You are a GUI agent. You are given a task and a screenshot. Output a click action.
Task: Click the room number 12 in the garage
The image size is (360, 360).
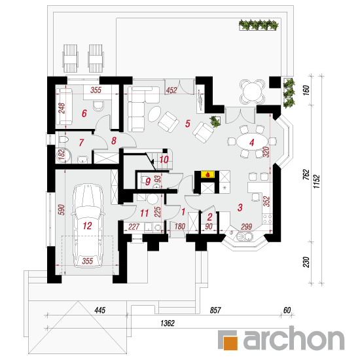click(87, 226)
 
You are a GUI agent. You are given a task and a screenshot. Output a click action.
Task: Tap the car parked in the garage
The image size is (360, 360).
click(88, 225)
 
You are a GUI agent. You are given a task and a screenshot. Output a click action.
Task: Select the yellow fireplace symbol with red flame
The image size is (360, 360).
click(207, 174)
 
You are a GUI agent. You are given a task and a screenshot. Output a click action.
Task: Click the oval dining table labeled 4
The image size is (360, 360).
click(252, 142)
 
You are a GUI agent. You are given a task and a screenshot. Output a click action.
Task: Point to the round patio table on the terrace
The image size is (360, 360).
click(252, 92)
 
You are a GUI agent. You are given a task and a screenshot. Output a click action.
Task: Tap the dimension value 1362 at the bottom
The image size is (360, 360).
click(168, 323)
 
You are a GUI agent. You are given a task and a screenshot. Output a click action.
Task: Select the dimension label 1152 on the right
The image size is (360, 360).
click(317, 181)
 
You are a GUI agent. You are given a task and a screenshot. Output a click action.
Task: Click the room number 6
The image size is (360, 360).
click(84, 113)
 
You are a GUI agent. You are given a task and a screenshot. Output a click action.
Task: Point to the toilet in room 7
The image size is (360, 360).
click(63, 139)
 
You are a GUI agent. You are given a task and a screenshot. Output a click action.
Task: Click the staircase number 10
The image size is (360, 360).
click(164, 159)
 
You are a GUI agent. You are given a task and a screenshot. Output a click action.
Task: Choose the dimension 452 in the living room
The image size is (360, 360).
click(171, 90)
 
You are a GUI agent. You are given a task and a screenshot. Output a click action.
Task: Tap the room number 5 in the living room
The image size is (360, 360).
click(188, 124)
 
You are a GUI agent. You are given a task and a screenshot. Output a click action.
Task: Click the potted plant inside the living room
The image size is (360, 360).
click(215, 121)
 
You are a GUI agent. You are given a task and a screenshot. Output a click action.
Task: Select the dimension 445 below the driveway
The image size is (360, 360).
click(100, 310)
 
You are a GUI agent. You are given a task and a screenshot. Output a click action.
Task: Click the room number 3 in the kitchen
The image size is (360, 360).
click(240, 207)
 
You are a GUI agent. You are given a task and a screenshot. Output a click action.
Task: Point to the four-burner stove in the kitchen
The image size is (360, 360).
click(267, 219)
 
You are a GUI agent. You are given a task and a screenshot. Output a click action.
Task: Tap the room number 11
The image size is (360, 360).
click(145, 213)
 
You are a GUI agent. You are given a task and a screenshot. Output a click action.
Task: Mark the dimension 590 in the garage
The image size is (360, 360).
click(62, 209)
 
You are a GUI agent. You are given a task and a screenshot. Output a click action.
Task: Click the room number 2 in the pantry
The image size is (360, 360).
click(209, 217)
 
